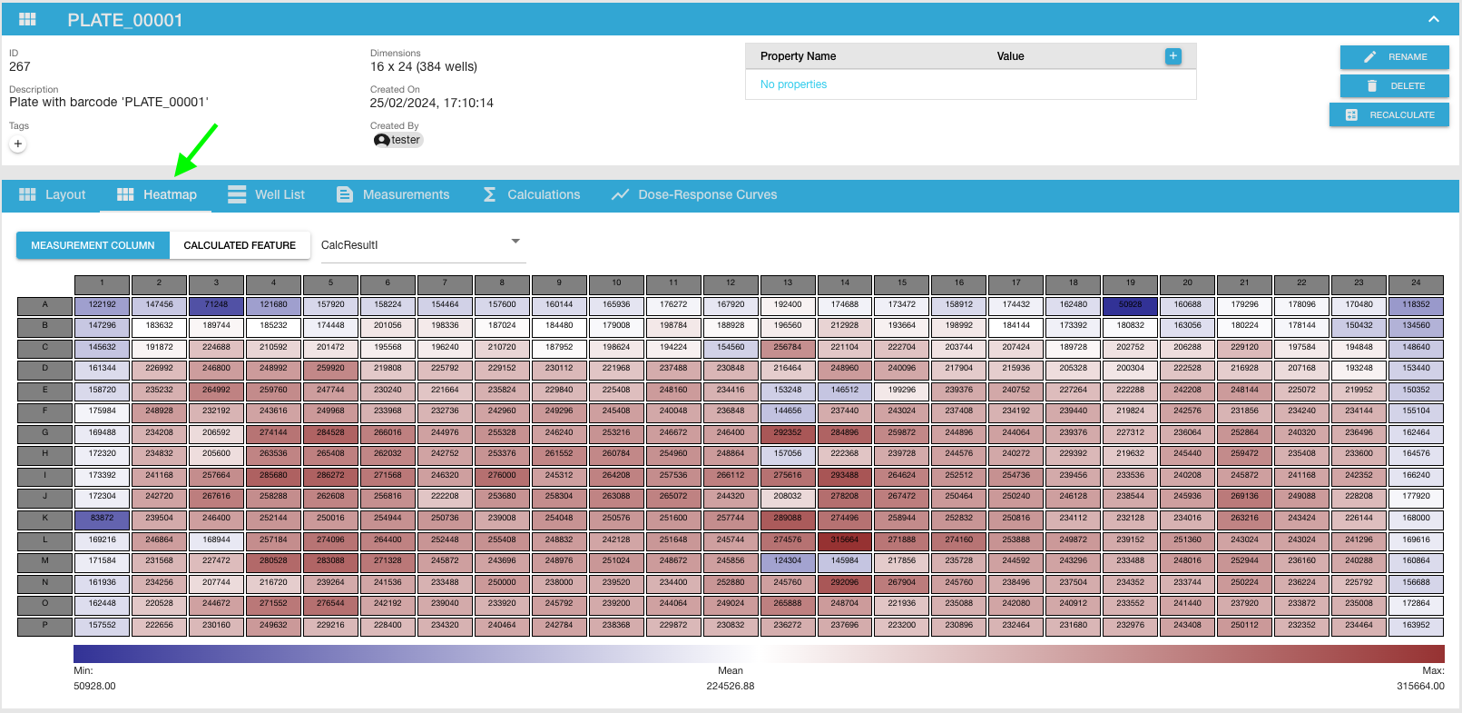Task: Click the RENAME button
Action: click(x=1394, y=57)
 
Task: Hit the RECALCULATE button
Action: click(x=1389, y=115)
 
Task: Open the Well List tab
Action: click(x=266, y=194)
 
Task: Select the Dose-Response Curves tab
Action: click(x=694, y=194)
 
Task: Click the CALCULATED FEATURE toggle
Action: click(x=240, y=245)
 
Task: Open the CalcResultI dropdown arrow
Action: click(x=515, y=242)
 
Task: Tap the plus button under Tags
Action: click(x=18, y=144)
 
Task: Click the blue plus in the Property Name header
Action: click(x=1173, y=56)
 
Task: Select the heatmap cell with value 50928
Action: click(x=1130, y=305)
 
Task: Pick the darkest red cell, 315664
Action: click(x=844, y=540)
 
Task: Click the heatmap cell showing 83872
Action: click(x=102, y=518)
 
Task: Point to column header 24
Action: click(x=1415, y=283)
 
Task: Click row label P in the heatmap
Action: click(x=44, y=625)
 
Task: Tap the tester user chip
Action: click(x=398, y=140)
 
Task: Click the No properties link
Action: click(x=793, y=84)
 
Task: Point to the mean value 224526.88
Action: click(x=730, y=687)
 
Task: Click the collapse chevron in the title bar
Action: click(x=1433, y=19)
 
